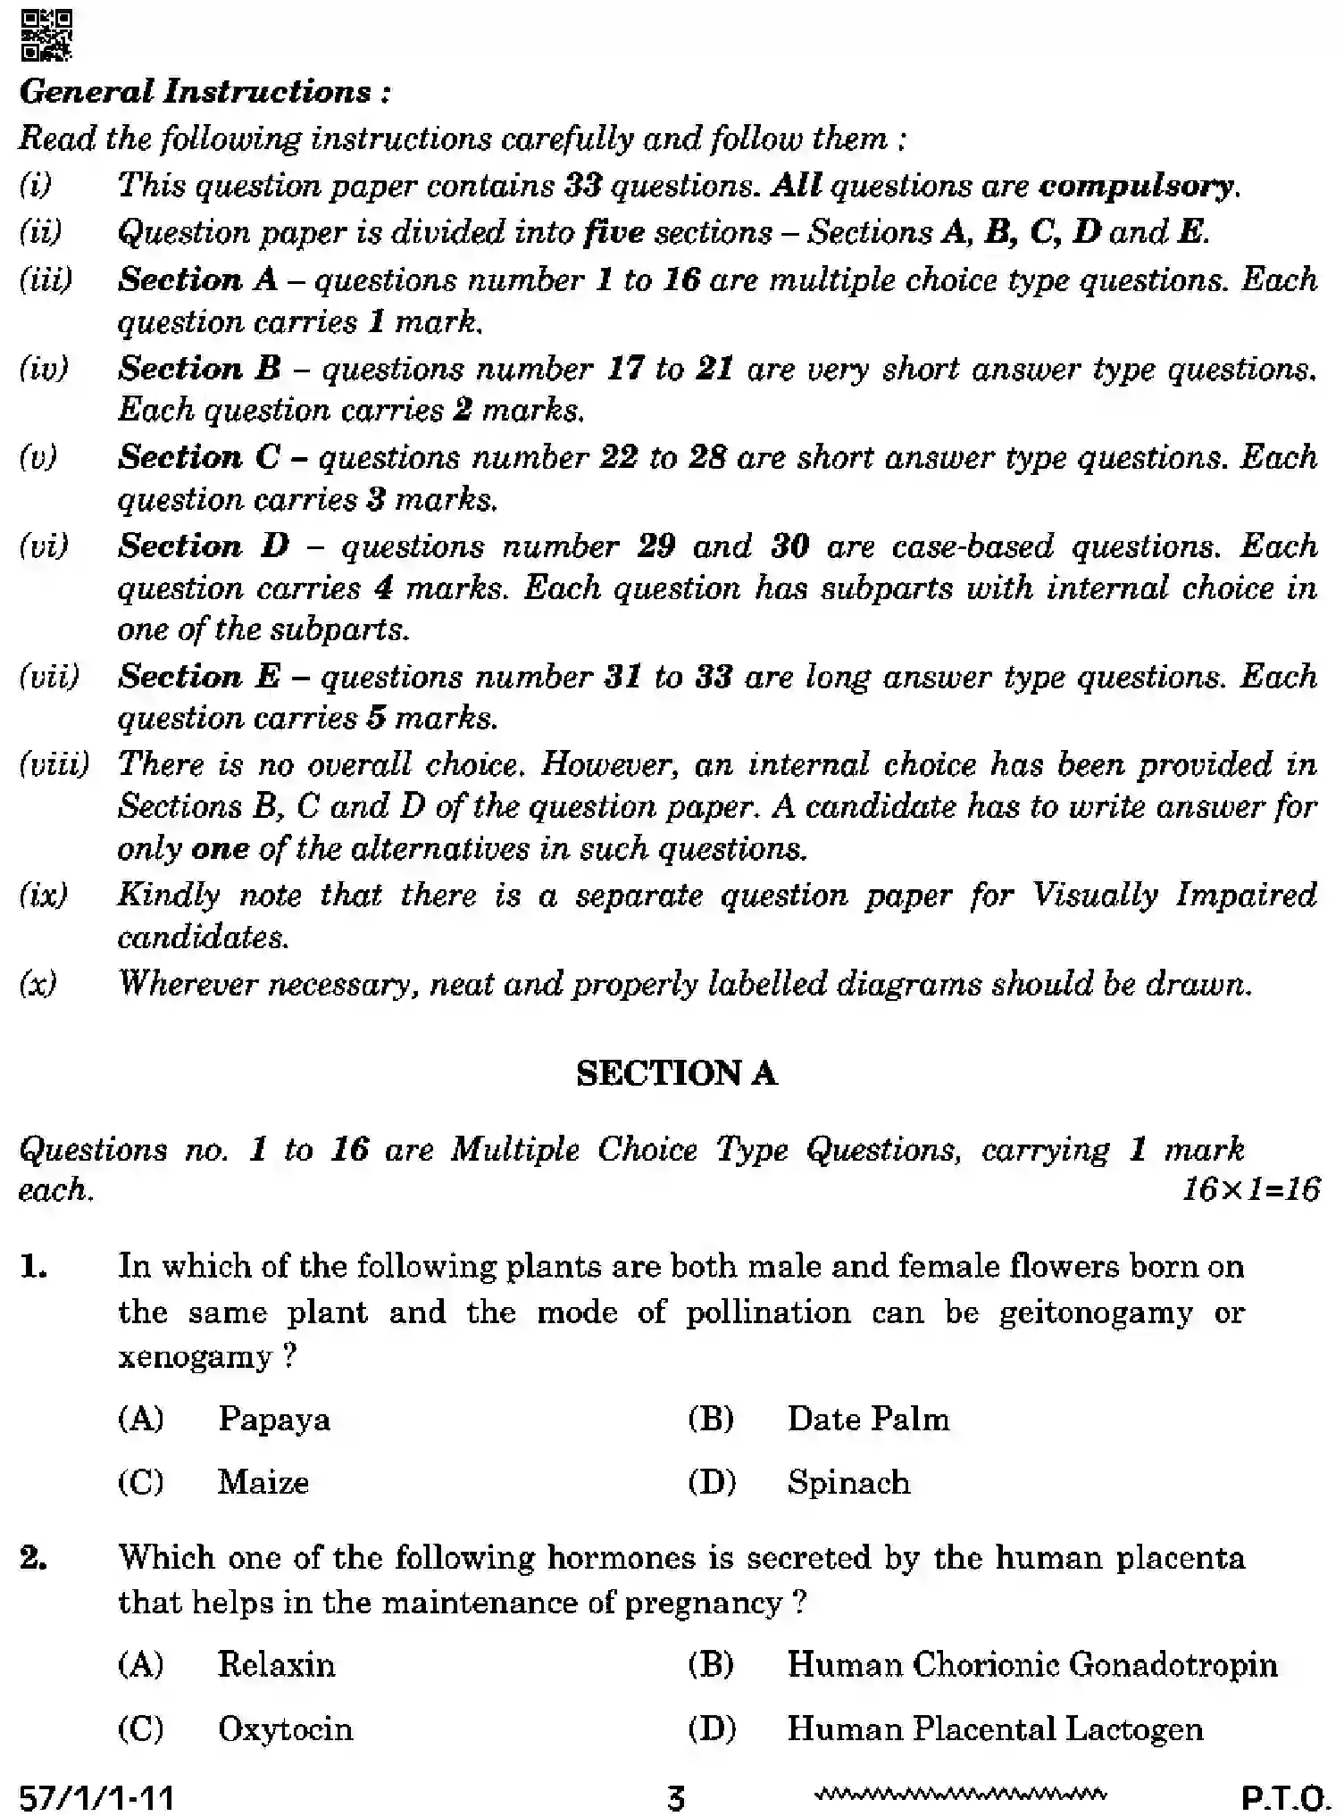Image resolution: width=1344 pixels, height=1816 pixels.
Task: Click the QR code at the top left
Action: coord(46,35)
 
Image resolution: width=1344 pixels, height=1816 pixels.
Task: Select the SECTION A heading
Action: coord(676,1072)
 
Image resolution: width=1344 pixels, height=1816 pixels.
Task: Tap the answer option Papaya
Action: coord(273,1419)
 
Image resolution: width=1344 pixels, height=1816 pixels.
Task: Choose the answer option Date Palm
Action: coord(867,1419)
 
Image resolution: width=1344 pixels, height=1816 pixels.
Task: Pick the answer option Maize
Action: coord(263,1482)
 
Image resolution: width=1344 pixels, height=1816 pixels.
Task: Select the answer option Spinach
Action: coord(847,1482)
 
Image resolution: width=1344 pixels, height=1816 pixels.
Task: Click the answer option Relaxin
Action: coord(276,1664)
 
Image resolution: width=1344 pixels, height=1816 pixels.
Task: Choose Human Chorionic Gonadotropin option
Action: coord(1031,1664)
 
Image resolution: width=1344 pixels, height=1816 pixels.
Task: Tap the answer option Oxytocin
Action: coord(285,1729)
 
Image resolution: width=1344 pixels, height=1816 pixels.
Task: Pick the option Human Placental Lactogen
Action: coord(994,1729)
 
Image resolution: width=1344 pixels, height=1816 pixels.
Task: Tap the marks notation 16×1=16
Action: coord(1250,1189)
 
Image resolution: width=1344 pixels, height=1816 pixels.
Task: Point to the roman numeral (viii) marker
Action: coord(54,764)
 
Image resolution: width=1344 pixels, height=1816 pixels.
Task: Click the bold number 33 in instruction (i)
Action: coord(584,186)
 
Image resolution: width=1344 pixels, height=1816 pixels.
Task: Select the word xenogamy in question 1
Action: coord(195,1357)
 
